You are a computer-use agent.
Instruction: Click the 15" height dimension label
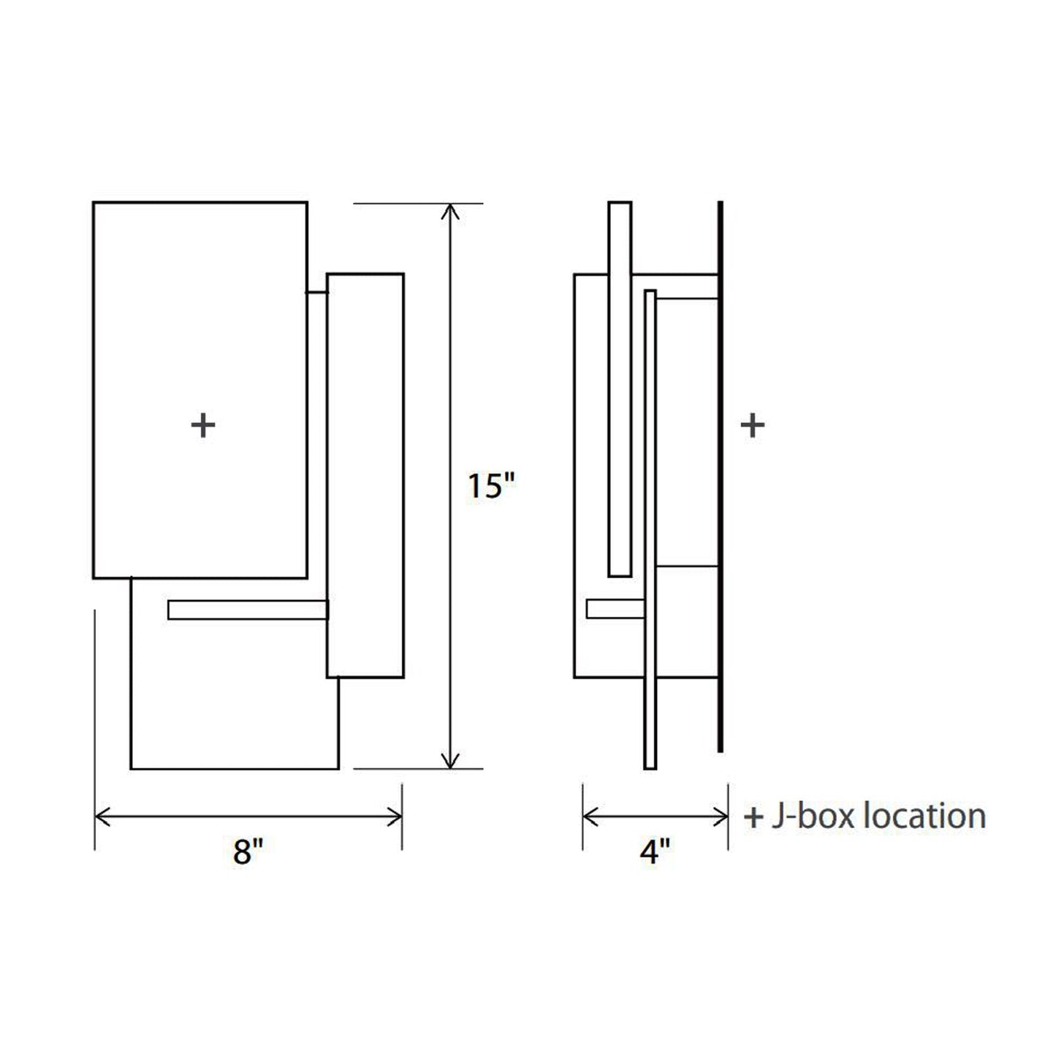[491, 486]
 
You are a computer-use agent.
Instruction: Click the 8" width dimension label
[248, 851]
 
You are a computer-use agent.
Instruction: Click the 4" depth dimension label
[654, 851]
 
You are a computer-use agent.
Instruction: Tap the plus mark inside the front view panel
[202, 425]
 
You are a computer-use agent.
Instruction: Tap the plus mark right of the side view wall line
[752, 425]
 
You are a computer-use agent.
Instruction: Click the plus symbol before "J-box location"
[753, 817]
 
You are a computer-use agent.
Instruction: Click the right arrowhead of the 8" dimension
[398, 817]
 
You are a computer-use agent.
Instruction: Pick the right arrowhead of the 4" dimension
[723, 817]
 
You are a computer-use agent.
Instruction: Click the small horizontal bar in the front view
[248, 609]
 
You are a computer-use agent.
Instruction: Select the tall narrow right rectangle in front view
[365, 475]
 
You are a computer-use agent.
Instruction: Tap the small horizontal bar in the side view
[615, 609]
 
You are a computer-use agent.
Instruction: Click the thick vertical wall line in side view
[721, 475]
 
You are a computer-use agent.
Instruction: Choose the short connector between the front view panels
[316, 292]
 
